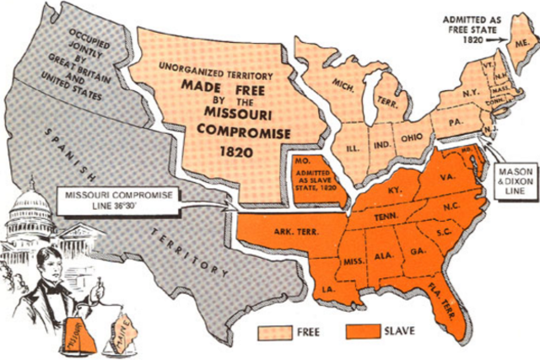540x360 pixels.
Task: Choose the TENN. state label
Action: (x=387, y=216)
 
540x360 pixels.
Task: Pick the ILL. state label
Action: (x=352, y=148)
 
